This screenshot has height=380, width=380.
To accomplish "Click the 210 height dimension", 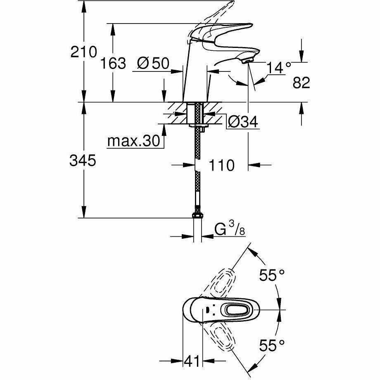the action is pos(83,52).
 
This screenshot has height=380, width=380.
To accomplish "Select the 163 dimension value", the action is pos(113,63).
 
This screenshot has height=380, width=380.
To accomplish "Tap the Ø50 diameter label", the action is pos(153,63).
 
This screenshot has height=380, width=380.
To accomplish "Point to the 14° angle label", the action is pos(278,68).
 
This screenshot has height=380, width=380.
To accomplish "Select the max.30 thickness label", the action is pos(134,140).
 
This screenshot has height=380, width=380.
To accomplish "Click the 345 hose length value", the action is pos(83,160).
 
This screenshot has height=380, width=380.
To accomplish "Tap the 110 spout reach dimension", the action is pos(221,165).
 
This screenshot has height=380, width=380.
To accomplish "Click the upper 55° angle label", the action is pos(272,275).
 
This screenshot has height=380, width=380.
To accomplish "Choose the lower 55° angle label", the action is pos(272,345).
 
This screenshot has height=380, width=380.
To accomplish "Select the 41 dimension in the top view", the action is pos(192,361).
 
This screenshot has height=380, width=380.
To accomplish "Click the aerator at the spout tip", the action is pos(248,60).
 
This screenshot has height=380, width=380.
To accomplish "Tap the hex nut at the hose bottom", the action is pos(197,216).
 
